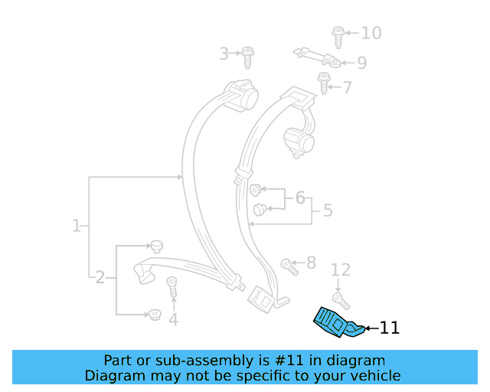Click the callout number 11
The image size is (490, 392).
click(x=390, y=328)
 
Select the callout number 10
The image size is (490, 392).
click(x=371, y=33)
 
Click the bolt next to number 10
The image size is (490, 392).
click(x=338, y=35)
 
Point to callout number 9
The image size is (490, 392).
click(x=361, y=63)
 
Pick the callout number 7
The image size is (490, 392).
click(x=348, y=88)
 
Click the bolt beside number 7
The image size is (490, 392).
click(x=323, y=82)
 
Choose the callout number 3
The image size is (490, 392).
click(x=224, y=54)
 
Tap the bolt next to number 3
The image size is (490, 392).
click(x=248, y=57)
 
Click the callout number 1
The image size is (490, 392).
click(x=76, y=226)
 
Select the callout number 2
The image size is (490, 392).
click(x=100, y=277)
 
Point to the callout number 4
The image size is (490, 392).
click(x=173, y=318)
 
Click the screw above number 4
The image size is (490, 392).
click(x=172, y=287)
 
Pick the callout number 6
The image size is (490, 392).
click(x=299, y=198)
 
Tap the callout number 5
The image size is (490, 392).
click(x=327, y=210)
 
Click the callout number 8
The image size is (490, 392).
click(x=310, y=263)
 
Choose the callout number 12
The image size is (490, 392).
click(x=340, y=269)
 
